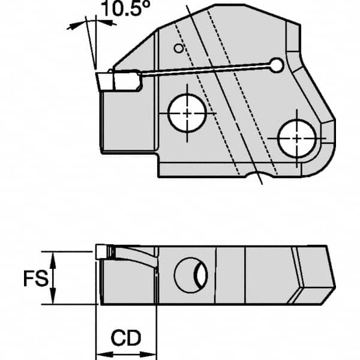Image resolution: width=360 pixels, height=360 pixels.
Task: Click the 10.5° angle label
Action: pos(118,10)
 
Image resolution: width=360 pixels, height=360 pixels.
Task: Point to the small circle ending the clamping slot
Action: pos(276,64)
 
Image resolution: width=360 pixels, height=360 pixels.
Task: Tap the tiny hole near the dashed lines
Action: pos(178,48)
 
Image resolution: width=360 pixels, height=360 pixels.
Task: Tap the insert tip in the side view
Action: pos(103,252)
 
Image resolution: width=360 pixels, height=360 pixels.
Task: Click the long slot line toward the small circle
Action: pos(204,70)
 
